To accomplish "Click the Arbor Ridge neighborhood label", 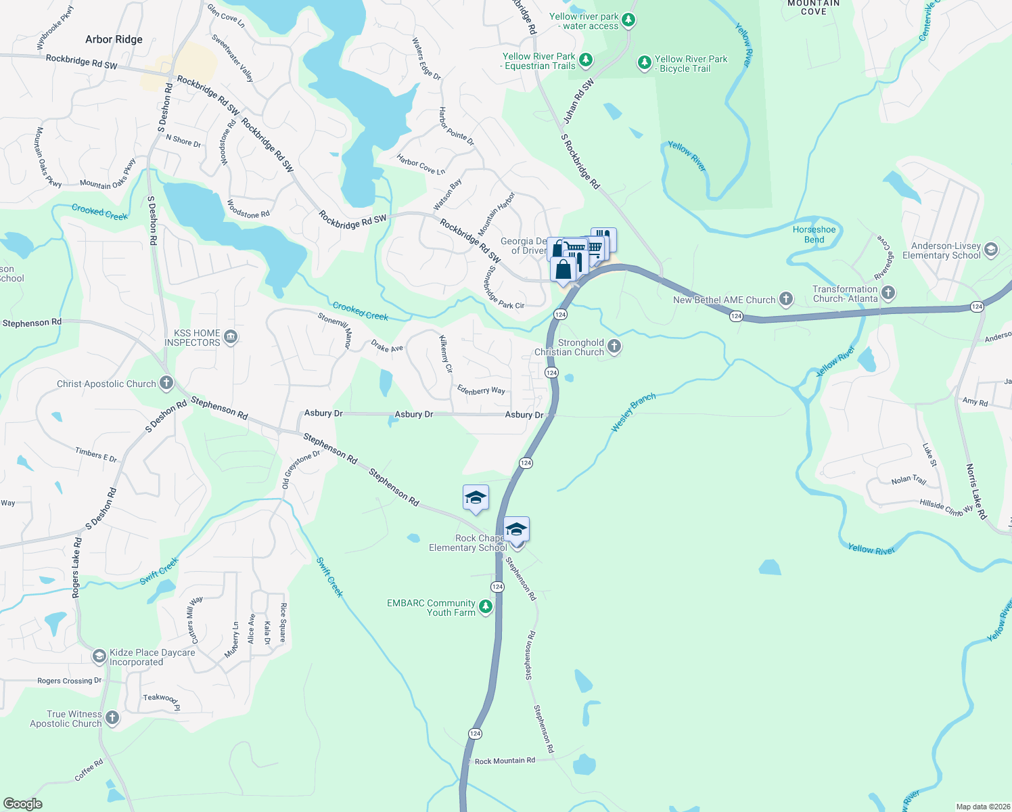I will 114,39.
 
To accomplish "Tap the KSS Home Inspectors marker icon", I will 230,337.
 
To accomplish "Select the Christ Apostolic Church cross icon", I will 166,384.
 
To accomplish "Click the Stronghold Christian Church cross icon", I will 614,346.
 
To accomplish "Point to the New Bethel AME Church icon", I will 785,298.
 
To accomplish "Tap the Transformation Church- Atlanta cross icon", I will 888,293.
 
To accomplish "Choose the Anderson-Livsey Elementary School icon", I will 991,250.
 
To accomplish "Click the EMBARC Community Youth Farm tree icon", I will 485,607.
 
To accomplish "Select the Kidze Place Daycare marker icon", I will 99,656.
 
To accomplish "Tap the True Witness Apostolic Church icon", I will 112,718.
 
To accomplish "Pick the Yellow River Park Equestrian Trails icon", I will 586,60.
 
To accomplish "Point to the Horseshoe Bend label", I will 814,235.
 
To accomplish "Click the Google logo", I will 22,804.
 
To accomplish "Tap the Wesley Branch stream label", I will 633,412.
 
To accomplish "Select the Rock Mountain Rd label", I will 505,761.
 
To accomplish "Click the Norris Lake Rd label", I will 975,491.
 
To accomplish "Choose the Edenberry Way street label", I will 481,390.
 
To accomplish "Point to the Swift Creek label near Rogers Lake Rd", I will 159,572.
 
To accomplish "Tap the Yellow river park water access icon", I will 628,20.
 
